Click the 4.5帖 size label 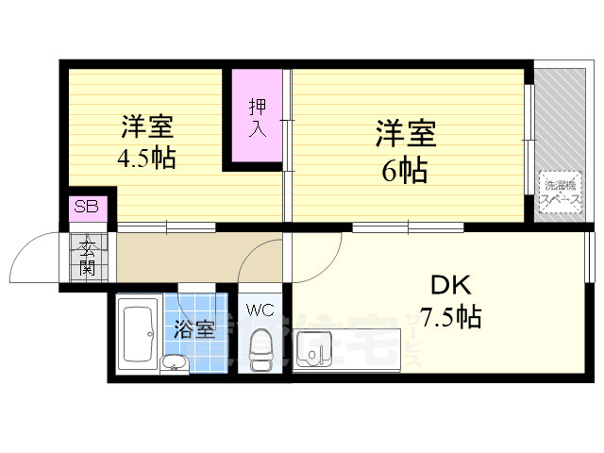point(145,158)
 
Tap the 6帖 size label point(406,172)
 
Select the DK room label point(450,286)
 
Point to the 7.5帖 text point(450,316)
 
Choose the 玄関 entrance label point(88,257)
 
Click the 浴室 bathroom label point(194,329)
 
